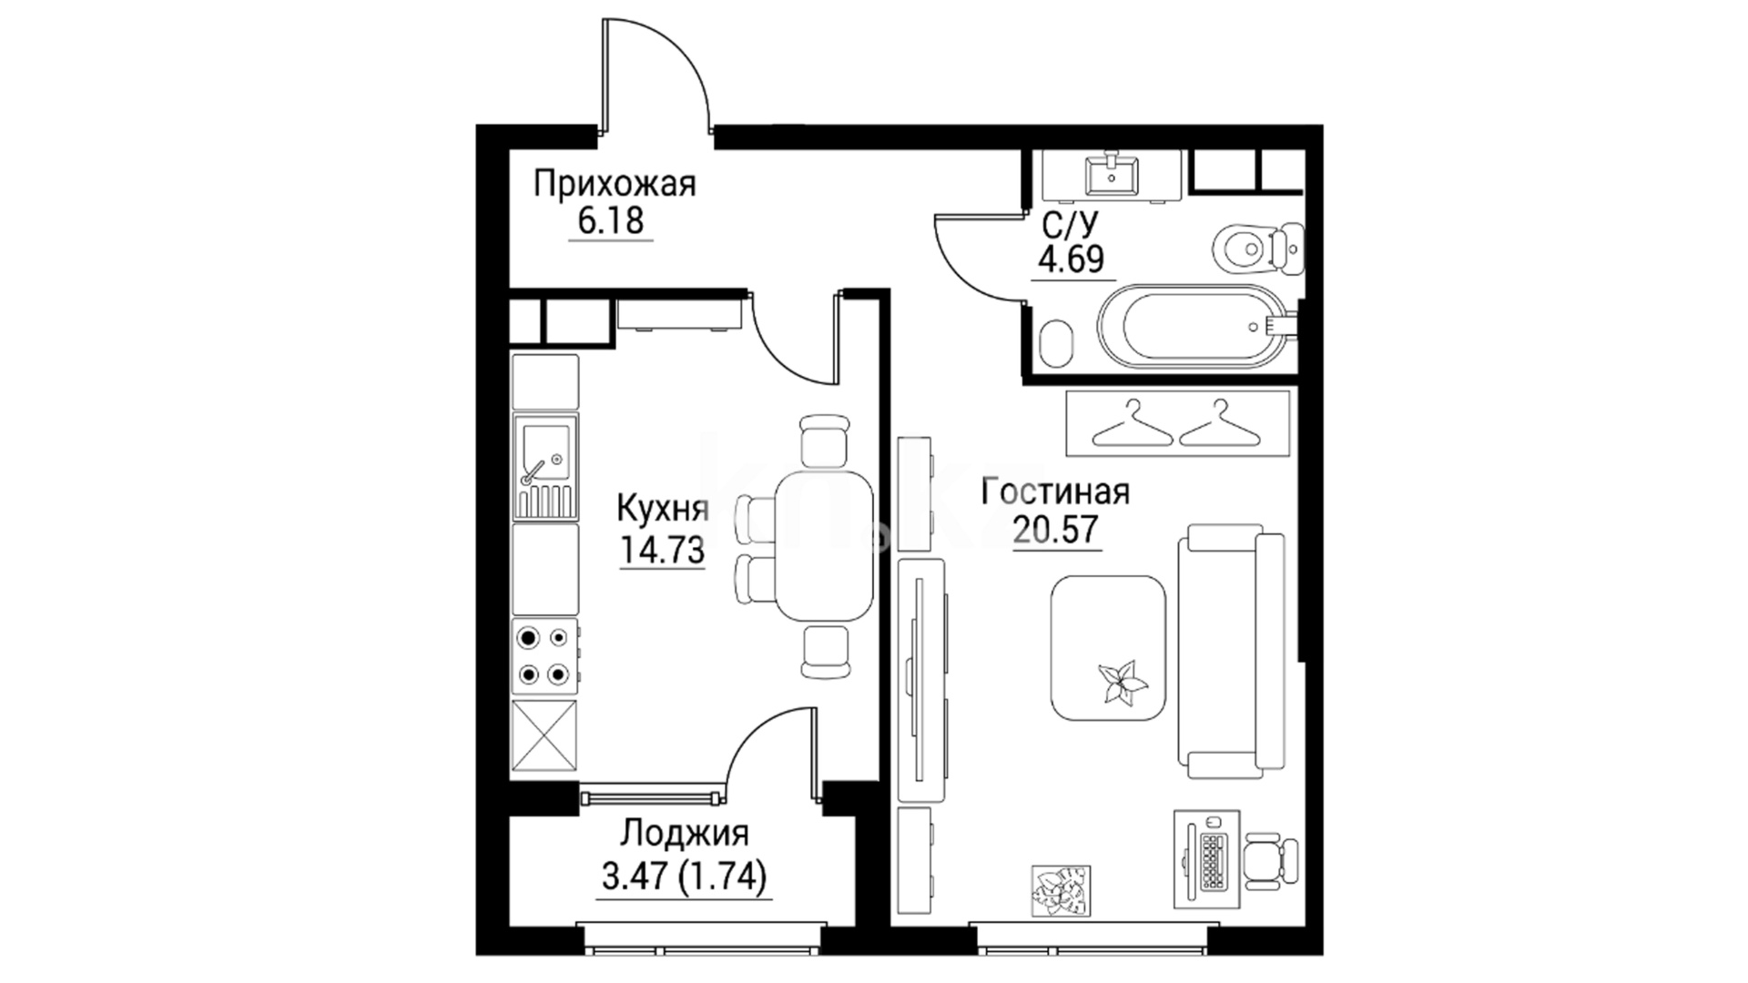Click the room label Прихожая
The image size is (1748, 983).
tap(615, 186)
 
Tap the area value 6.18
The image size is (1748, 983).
tap(611, 221)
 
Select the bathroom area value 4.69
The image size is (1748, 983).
tap(1072, 259)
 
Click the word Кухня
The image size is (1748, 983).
tap(663, 510)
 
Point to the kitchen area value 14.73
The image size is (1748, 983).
tap(663, 549)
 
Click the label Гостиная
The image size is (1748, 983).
tap(1056, 492)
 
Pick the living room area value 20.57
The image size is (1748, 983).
tap(1056, 530)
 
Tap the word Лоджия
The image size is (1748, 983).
tap(685, 834)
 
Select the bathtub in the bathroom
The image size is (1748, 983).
tap(1196, 327)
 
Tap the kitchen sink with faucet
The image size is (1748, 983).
tap(544, 465)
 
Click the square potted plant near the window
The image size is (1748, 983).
tap(1061, 889)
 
